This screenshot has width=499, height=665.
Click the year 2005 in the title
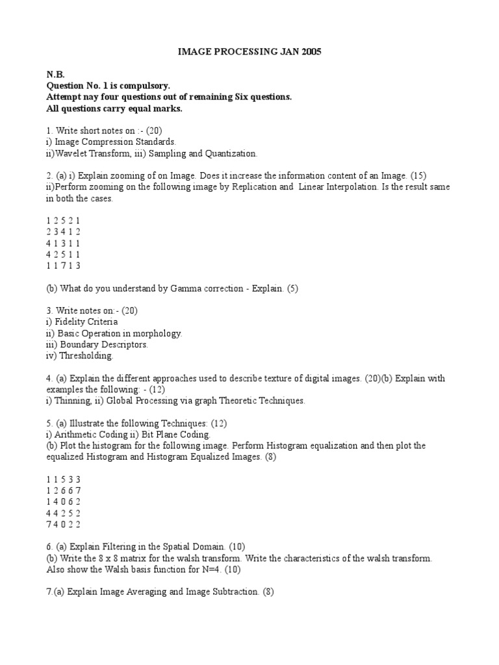click(309, 51)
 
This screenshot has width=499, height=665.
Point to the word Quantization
click(229, 153)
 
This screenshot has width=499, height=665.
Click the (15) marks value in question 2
click(418, 176)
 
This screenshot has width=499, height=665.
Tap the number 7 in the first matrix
click(62, 266)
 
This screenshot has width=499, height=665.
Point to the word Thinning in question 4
click(70, 401)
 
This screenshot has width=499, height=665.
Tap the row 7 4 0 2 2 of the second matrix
click(64, 524)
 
